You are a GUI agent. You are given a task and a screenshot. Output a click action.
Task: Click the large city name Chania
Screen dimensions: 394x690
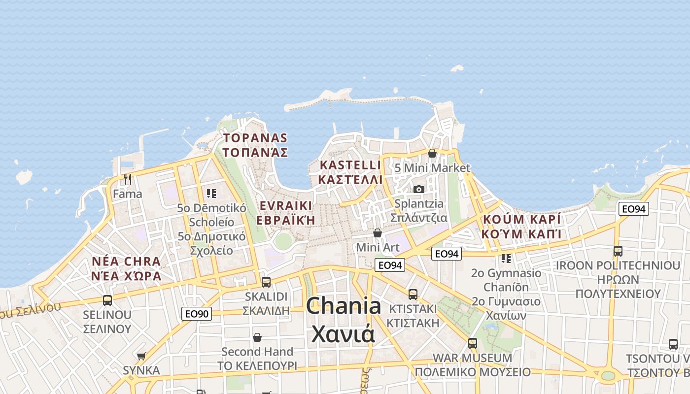pos(344,306)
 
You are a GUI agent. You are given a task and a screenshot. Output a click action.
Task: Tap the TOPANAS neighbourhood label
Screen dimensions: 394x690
pos(255,138)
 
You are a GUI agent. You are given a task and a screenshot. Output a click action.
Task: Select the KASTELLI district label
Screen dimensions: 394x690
pos(350,165)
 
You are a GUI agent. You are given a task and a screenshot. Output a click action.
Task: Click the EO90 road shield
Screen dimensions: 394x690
pos(197,314)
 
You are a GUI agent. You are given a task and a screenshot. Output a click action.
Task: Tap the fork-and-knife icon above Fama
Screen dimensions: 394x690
pos(128,179)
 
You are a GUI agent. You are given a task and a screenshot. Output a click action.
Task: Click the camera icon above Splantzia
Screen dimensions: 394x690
pos(418,189)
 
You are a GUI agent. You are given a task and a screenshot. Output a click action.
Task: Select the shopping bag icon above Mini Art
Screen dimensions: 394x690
pos(378,232)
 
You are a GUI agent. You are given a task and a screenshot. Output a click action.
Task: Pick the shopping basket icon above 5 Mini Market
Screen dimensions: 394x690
pos(432,153)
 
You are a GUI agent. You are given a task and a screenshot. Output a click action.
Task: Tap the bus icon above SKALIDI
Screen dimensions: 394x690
pos(266,282)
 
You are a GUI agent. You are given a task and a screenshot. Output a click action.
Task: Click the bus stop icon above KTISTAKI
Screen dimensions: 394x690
pos(413,294)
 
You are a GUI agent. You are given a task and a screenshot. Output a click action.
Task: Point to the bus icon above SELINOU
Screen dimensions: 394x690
pos(107,300)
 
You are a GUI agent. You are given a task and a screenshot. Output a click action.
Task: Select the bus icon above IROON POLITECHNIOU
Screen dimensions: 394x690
pos(618,251)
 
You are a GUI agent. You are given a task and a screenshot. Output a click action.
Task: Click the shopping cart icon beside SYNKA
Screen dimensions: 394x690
pos(141,356)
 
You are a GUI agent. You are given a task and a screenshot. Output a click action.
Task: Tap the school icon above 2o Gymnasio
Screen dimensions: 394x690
pos(506,258)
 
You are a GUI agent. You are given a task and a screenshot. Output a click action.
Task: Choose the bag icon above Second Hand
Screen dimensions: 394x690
pos(257,337)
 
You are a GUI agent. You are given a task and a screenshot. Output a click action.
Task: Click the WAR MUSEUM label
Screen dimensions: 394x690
pos(472,358)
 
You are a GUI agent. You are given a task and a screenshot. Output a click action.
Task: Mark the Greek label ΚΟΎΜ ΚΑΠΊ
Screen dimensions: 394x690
pos(521,234)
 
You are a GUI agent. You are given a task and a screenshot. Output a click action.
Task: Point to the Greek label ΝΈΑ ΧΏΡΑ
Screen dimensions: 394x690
pos(127,276)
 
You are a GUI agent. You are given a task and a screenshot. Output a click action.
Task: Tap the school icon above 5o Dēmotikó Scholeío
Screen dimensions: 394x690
pos(211,193)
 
